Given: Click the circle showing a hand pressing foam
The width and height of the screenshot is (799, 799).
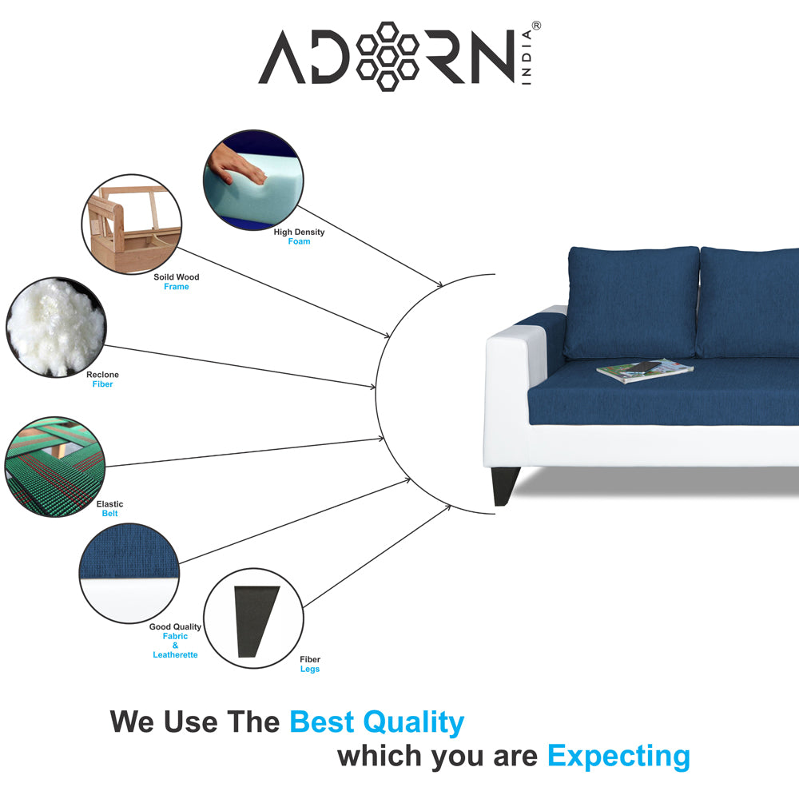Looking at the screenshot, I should [x=253, y=181].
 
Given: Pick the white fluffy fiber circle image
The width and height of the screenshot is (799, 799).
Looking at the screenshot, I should [x=55, y=326].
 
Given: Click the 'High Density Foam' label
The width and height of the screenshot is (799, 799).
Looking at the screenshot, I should [x=299, y=237].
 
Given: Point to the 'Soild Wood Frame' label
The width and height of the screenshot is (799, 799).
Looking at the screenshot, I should [x=177, y=282].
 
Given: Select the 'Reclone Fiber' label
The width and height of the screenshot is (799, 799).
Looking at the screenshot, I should [x=102, y=380].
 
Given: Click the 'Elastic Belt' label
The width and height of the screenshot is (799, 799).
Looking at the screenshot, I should [x=109, y=509].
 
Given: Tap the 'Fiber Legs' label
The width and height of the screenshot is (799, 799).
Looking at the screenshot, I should [x=310, y=665].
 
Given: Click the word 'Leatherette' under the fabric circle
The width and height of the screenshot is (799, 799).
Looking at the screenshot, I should [x=175, y=655].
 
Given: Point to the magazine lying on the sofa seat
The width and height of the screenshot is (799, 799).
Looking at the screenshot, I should [x=645, y=369].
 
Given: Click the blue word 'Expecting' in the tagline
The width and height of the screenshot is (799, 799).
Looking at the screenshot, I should [x=618, y=756].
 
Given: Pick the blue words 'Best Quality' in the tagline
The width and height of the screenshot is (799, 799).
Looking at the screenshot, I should [x=376, y=722].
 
